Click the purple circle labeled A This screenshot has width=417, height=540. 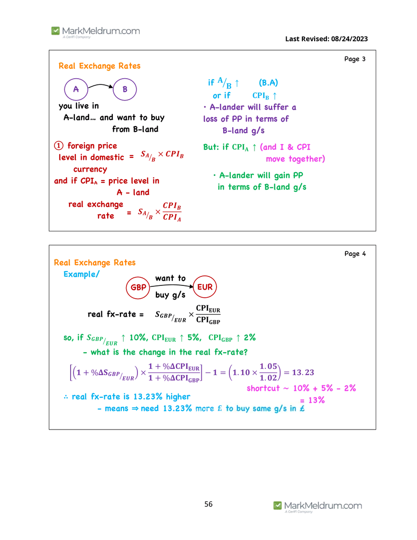[x=65, y=89]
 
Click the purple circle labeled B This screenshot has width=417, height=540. [x=114, y=89]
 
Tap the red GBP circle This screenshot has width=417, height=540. [x=127, y=288]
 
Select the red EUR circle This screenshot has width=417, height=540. [x=193, y=287]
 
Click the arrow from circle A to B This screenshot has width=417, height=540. [x=101, y=85]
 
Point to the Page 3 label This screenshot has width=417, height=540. [x=354, y=59]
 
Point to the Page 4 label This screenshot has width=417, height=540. [x=355, y=254]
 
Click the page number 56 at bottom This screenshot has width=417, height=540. [x=208, y=504]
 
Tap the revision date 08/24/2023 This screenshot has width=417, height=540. [x=349, y=39]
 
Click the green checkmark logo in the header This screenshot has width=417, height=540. [x=55, y=31]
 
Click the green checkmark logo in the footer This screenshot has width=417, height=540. [x=278, y=505]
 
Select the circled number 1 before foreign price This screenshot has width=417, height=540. [x=59, y=146]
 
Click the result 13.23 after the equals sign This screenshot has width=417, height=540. [x=303, y=372]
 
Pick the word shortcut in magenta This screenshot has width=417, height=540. [x=263, y=388]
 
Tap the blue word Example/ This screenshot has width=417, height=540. [x=81, y=274]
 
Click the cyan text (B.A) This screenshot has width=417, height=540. [x=268, y=82]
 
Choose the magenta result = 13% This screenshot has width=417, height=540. [x=312, y=400]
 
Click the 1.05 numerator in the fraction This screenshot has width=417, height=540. [x=268, y=366]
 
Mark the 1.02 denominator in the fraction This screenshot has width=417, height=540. [x=268, y=378]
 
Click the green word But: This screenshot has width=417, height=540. [x=211, y=147]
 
